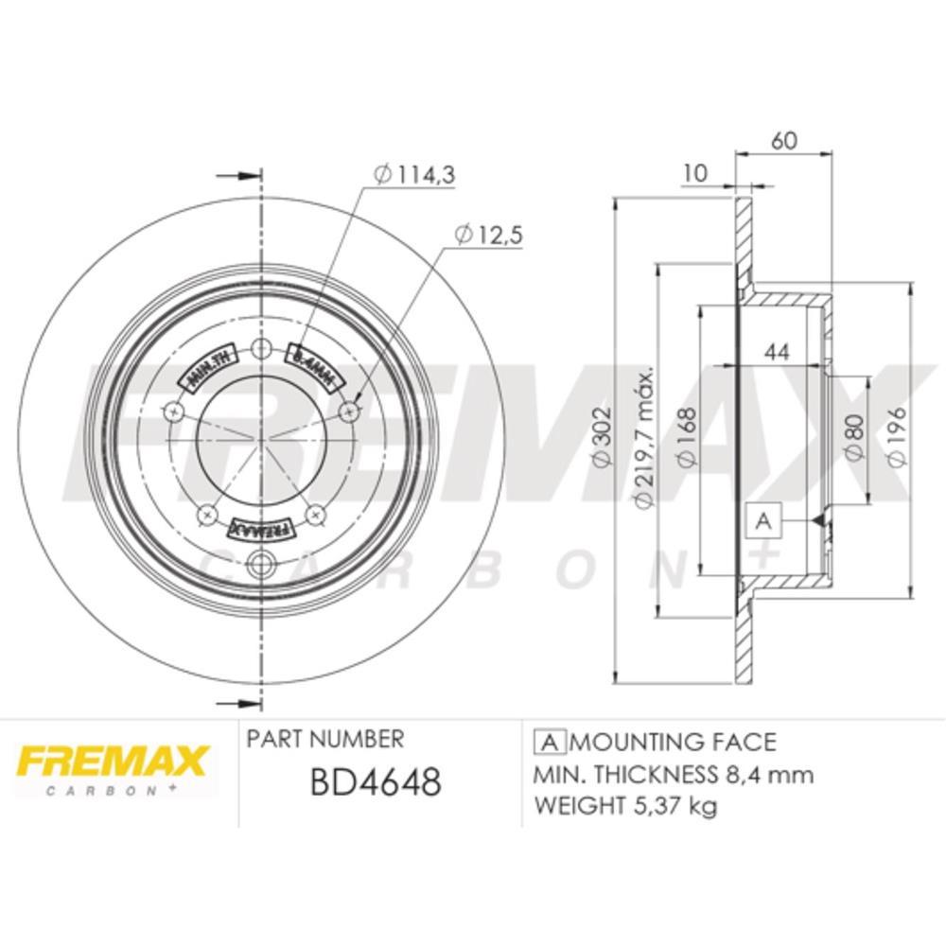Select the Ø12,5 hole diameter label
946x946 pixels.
tap(488, 236)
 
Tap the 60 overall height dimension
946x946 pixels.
tap(784, 140)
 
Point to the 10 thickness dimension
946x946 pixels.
tap(695, 172)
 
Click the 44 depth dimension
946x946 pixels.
tap(777, 352)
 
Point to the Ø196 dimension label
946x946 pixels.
tap(900, 436)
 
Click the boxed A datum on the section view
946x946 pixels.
tap(764, 519)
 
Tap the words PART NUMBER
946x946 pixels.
tap(324, 739)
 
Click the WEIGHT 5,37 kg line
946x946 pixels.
tap(625, 807)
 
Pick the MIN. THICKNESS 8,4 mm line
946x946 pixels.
tap(674, 775)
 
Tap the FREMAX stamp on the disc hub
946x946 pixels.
tap(259, 527)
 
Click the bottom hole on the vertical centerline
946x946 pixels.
tap(259, 568)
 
